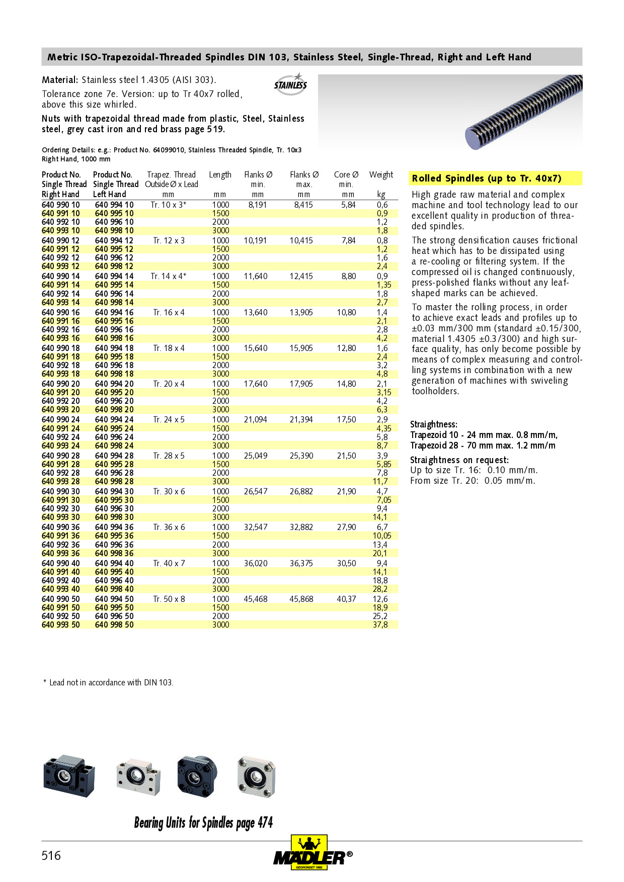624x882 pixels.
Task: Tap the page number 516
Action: (x=51, y=855)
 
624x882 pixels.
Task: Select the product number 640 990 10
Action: (x=61, y=205)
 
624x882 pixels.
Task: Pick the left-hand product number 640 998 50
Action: (x=114, y=625)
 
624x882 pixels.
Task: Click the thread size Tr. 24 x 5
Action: (x=169, y=419)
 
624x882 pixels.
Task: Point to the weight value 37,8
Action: (x=380, y=625)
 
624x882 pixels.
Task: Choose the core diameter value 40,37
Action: (x=346, y=599)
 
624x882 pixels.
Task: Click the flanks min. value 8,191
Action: (x=257, y=205)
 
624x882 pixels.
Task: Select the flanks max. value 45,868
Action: (x=301, y=599)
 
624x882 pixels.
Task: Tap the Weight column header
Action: (x=381, y=174)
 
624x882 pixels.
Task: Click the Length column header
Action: (x=220, y=174)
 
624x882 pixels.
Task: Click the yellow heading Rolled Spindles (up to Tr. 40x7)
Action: (x=487, y=178)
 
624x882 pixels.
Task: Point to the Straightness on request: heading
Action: (x=459, y=460)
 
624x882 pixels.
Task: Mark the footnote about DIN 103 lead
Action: (x=109, y=682)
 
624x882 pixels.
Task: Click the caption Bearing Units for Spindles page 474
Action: (x=203, y=823)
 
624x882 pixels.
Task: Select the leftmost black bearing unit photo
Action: (x=69, y=776)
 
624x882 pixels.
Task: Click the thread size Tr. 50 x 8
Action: (x=169, y=599)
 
